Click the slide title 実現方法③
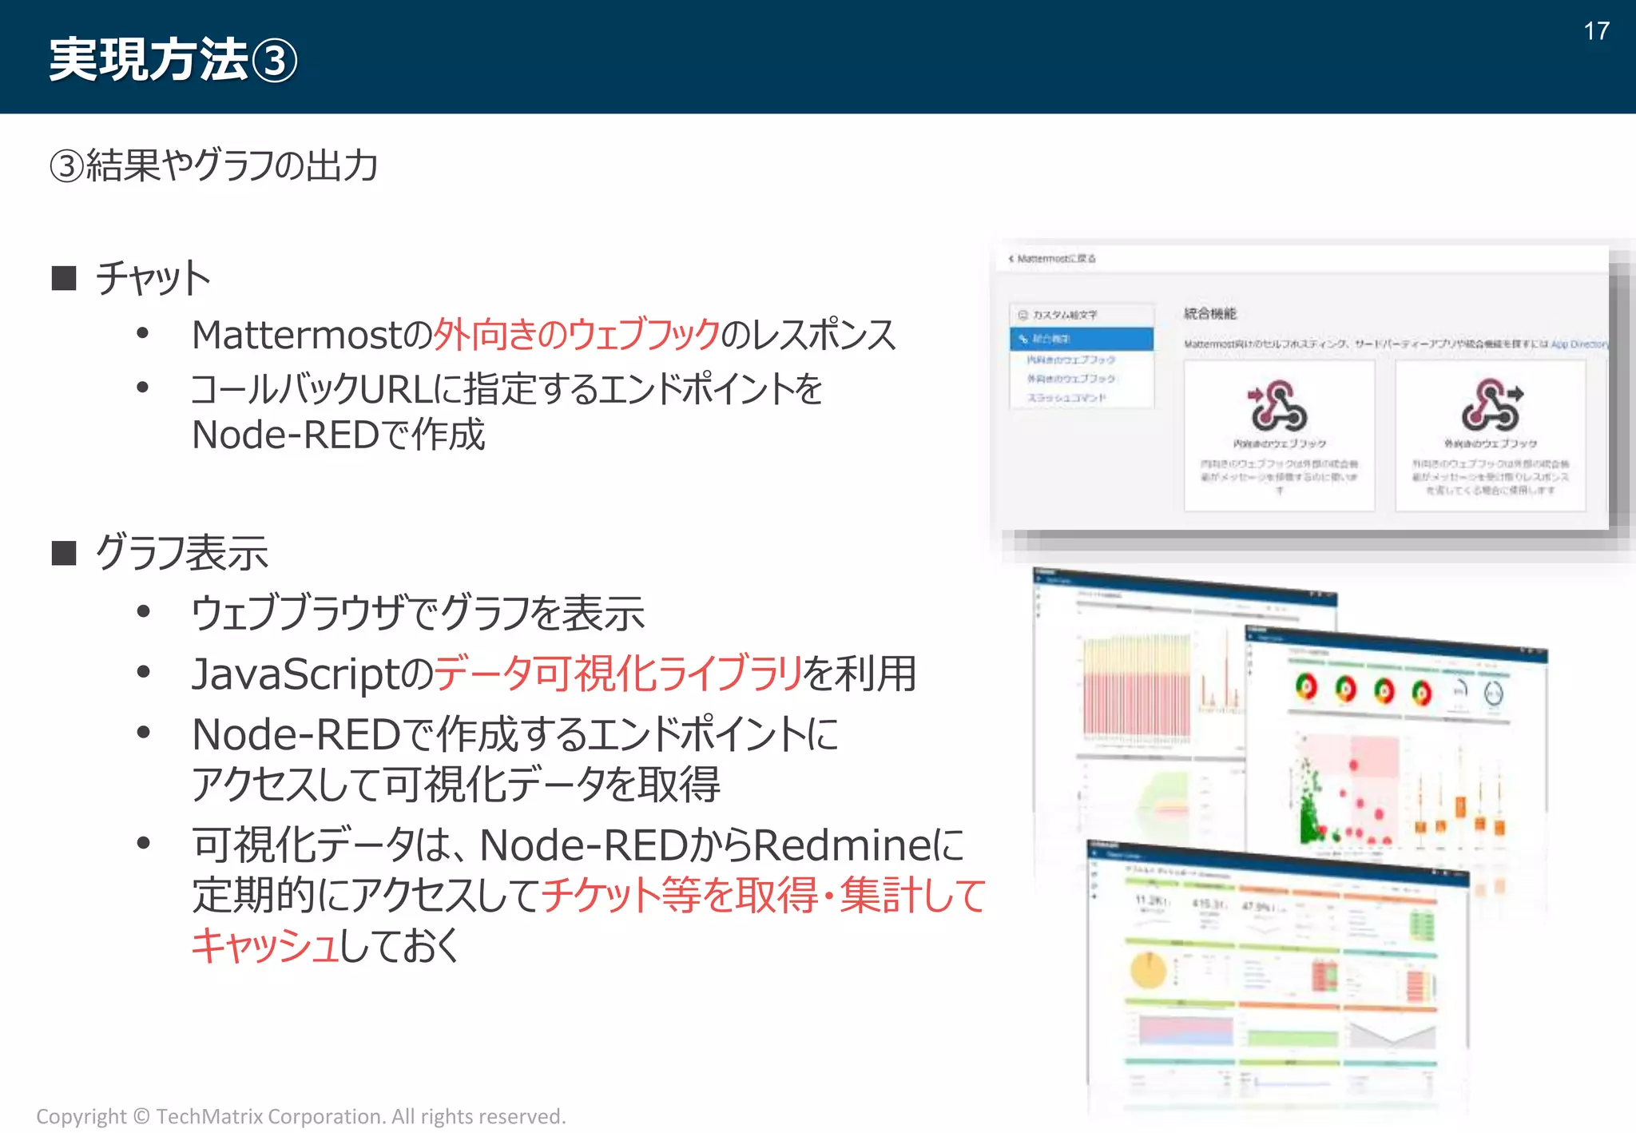coord(172,60)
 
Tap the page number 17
coord(1596,31)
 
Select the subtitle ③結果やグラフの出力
coord(213,165)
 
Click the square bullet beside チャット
coord(64,278)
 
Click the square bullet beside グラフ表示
coord(64,553)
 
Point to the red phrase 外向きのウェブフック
coord(576,334)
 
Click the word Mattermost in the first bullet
coord(296,335)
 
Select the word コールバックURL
coord(312,390)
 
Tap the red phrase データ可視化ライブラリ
coord(617,674)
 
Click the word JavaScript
coord(296,674)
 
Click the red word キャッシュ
coord(264,945)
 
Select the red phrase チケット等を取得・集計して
coord(764,895)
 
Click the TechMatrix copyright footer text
coord(300,1116)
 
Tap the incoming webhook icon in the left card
coord(1278,405)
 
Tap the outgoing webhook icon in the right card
coord(1491,405)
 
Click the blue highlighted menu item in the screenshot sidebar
coord(1081,339)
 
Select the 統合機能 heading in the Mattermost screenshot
coord(1209,313)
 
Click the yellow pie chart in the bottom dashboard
coord(1148,970)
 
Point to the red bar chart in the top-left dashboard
coord(1136,687)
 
